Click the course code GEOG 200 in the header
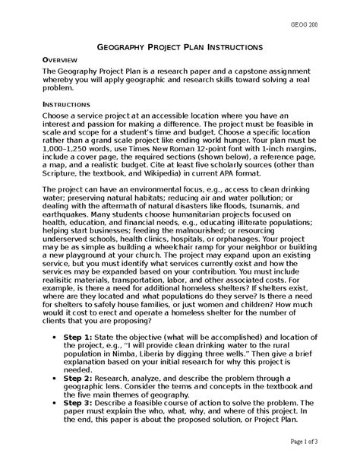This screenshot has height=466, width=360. pos(325,25)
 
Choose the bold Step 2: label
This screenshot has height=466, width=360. pos(78,377)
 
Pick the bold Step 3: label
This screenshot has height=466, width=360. pos(78,403)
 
